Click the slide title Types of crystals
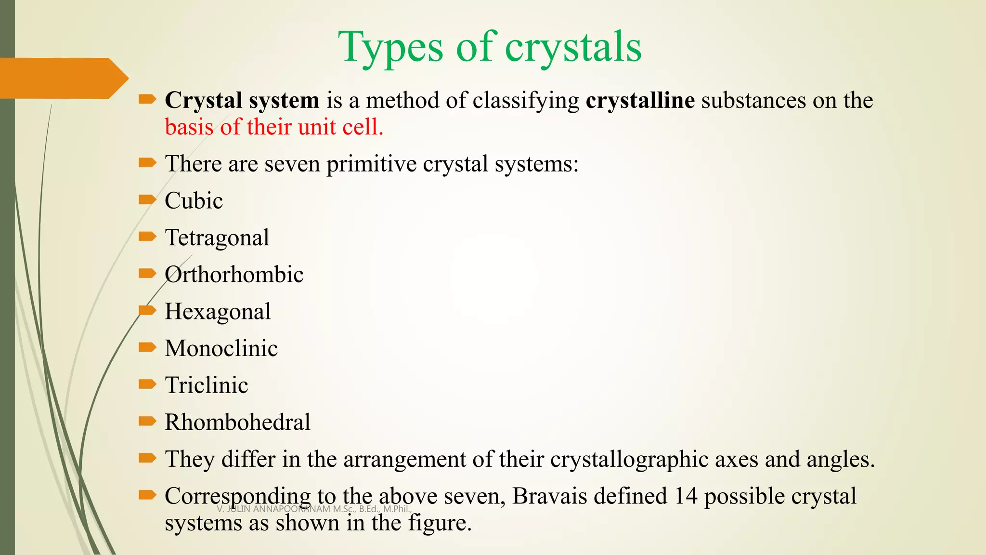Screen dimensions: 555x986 (x=490, y=47)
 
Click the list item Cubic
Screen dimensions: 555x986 (x=194, y=200)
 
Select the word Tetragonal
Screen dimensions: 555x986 (x=217, y=238)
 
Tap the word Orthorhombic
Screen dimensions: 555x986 (x=234, y=275)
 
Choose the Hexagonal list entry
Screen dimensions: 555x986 (x=218, y=312)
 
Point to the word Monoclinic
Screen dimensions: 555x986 (x=221, y=348)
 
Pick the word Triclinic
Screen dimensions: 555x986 (x=207, y=385)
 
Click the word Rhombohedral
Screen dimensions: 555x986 (x=237, y=422)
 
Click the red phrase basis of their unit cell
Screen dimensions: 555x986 (x=274, y=127)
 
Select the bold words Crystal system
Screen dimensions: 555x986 (x=242, y=100)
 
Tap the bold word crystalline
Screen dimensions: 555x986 (x=640, y=100)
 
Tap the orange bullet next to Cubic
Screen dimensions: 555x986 (x=147, y=199)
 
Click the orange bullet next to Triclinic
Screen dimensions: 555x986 (x=147, y=384)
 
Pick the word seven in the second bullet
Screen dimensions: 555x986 (x=292, y=164)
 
